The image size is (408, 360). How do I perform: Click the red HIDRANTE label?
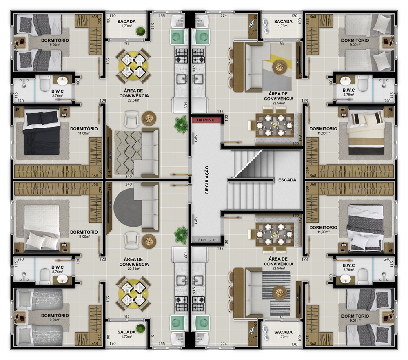click(206, 120)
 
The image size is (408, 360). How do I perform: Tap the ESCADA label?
click(287, 180)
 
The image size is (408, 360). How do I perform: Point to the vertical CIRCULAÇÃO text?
click(207, 180)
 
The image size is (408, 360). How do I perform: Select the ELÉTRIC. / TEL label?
click(206, 240)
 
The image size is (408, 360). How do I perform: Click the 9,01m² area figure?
click(355, 320)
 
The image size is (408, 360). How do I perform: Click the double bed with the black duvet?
click(42, 132)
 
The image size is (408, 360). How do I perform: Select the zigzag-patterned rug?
click(128, 152)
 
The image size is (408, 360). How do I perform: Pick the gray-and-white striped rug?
click(276, 293)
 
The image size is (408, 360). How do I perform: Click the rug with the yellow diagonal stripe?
click(277, 67)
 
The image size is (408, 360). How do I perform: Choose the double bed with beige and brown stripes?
click(366, 132)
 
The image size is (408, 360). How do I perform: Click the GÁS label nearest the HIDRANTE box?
click(196, 138)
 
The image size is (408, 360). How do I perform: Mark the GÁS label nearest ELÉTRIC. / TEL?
click(196, 220)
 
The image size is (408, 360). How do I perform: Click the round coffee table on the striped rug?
click(279, 293)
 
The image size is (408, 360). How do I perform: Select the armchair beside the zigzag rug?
click(132, 119)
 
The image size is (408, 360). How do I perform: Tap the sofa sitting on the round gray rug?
click(146, 207)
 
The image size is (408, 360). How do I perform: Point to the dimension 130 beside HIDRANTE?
click(226, 118)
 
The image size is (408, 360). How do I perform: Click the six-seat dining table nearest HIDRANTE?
click(275, 126)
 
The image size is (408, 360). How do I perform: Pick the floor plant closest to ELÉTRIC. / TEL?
click(181, 235)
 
